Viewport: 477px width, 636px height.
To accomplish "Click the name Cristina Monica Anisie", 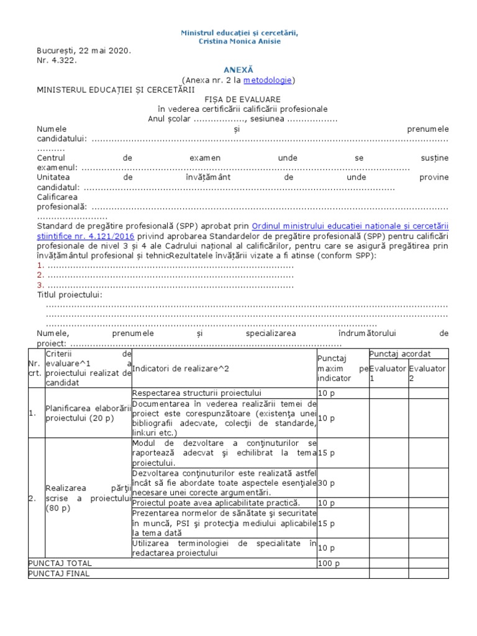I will (239, 41).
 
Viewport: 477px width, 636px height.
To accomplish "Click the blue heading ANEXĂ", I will (238, 70).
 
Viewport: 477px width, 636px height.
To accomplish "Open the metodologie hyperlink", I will (267, 80).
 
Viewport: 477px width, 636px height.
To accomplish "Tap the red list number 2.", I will (40, 275).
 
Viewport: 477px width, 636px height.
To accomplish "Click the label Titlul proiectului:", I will (70, 294).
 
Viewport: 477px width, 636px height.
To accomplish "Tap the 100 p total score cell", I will (328, 563).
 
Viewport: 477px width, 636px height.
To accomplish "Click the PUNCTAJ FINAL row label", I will (59, 573).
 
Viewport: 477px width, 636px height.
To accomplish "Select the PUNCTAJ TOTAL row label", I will (60, 563).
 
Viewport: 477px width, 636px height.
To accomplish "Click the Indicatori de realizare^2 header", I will (181, 368).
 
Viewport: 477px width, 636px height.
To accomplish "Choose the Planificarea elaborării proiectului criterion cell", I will (87, 413).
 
